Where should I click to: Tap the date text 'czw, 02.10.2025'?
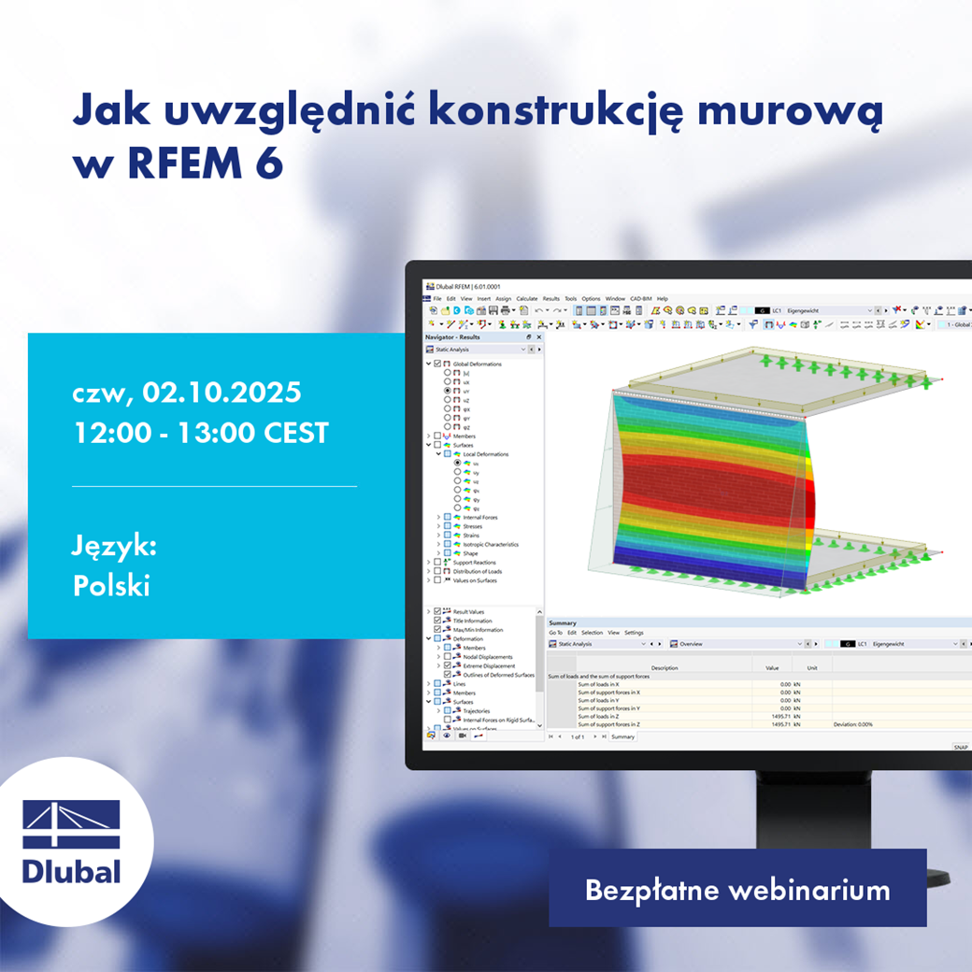[x=186, y=393]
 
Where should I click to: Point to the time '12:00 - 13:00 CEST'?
[x=200, y=433]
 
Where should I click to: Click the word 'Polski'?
[x=111, y=586]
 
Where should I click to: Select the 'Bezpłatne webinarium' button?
[x=737, y=890]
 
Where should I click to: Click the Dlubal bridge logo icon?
[x=72, y=824]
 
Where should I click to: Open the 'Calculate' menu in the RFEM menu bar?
[x=527, y=298]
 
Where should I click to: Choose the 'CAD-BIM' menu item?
[x=641, y=298]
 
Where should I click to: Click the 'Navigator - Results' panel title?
[x=452, y=336]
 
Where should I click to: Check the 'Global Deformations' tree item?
[x=477, y=364]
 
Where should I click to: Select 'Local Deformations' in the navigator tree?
[x=486, y=454]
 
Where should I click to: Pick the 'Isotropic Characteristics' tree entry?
[x=491, y=544]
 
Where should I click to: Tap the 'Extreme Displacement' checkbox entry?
[x=489, y=665]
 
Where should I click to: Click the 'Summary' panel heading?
[x=563, y=622]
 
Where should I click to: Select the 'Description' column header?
[x=665, y=668]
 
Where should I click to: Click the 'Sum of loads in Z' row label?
[x=599, y=716]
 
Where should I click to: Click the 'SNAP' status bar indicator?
[x=960, y=747]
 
